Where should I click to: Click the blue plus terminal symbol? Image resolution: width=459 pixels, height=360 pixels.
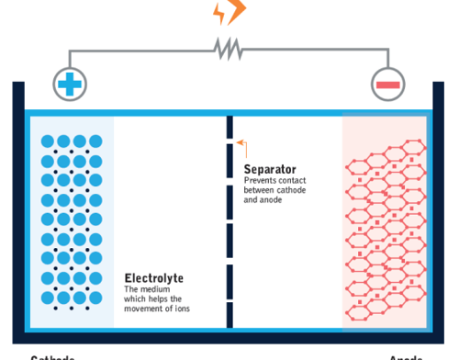tap(67, 85)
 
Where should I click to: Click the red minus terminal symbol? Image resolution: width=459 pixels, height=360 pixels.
tap(387, 85)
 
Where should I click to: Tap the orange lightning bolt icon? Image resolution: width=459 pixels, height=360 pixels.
tap(229, 12)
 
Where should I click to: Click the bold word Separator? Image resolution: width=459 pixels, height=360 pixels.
tap(270, 170)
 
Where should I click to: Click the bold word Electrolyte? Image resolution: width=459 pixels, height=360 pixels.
tap(153, 278)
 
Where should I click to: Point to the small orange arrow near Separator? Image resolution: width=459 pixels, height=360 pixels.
tap(241, 142)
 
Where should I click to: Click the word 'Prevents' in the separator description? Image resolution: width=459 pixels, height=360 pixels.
tap(259, 181)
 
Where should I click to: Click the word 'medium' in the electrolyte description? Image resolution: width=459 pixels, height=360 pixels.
tap(152, 289)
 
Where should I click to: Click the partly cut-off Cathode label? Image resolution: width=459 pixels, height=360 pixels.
tap(52, 356)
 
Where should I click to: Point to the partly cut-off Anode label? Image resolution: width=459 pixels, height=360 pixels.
tap(405, 356)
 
